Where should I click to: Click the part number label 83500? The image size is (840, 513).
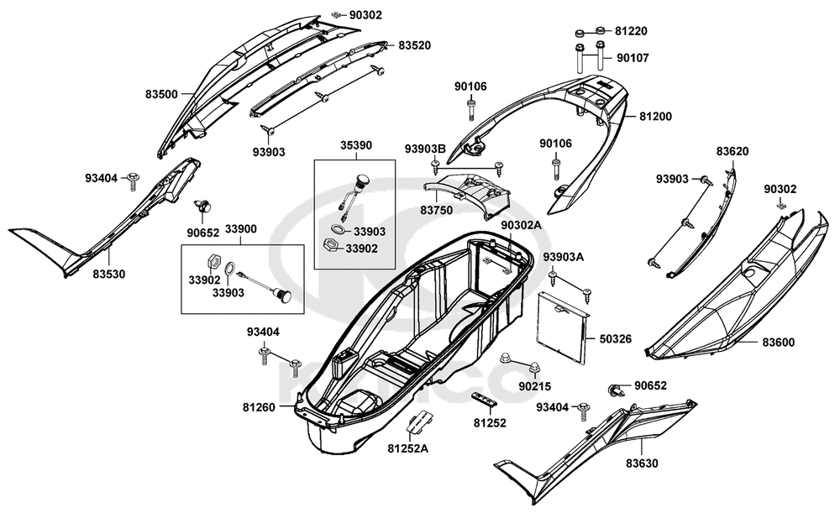tap(161, 95)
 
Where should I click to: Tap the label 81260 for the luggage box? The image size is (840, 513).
tap(259, 407)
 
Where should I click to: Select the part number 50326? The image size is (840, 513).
tap(616, 339)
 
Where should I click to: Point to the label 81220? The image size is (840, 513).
tap(631, 31)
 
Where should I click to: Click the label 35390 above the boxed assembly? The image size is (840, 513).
tap(356, 145)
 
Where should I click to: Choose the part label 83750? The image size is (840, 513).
tap(436, 211)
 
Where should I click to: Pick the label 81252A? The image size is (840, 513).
tap(408, 448)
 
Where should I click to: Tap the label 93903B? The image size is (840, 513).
tap(425, 149)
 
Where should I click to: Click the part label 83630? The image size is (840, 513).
tap(642, 463)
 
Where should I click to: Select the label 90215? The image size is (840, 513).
tap(534, 386)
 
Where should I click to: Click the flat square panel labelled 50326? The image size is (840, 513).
tap(563, 326)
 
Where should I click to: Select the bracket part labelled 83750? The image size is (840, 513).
tap(466, 193)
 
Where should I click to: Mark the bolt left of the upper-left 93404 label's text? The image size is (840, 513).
tap(133, 181)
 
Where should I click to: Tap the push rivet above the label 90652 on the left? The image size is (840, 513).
tap(203, 206)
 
